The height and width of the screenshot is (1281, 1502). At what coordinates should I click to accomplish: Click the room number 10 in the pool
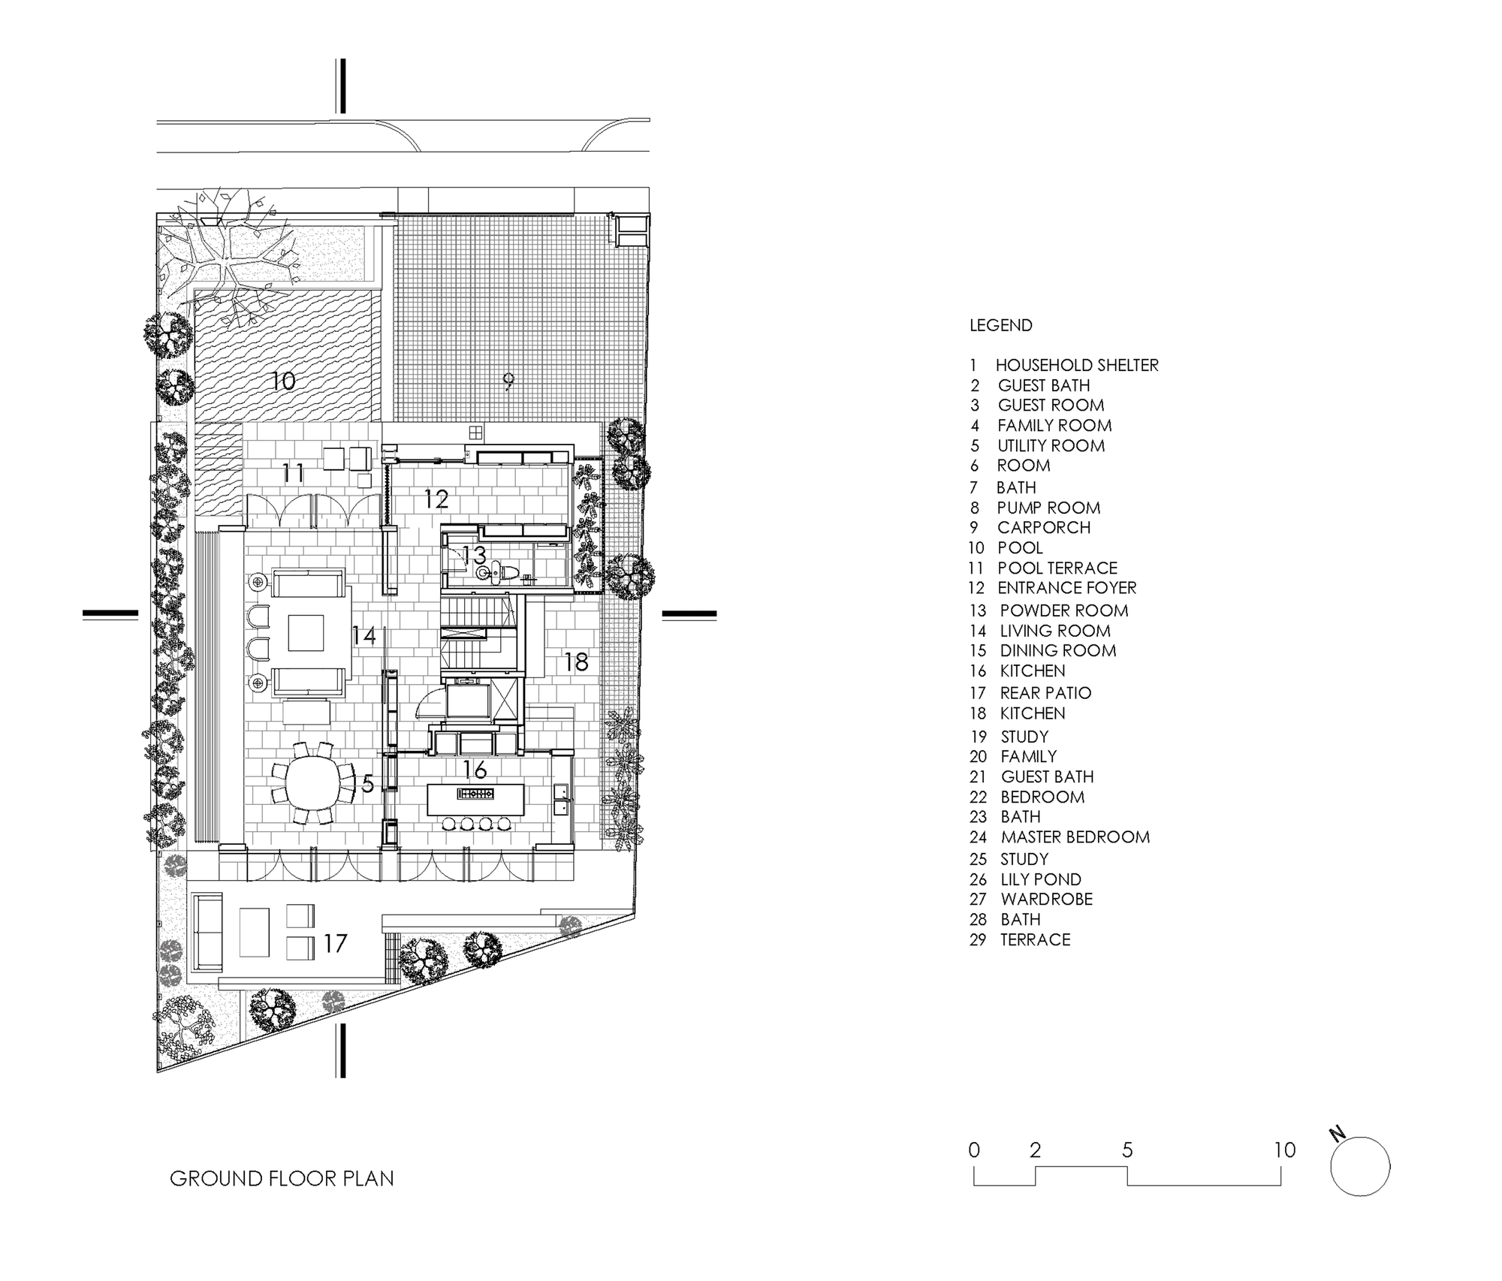coord(283,381)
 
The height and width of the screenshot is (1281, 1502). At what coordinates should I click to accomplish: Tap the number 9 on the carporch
coord(508,382)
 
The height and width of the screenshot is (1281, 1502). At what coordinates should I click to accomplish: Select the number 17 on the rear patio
coord(335,943)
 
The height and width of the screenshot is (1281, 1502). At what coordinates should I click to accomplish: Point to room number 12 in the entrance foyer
coord(436,499)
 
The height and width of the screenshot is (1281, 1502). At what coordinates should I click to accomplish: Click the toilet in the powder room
coord(502,574)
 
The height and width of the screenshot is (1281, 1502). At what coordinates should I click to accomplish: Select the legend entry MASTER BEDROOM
coord(1075,837)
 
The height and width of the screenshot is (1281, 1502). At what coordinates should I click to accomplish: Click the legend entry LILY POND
coord(1041,879)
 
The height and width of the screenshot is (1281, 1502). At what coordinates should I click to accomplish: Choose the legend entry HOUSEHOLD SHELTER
coord(1077,366)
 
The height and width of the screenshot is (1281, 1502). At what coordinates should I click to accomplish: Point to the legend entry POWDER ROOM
coord(1064,610)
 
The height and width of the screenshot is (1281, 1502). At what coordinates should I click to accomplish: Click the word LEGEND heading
coord(1001,326)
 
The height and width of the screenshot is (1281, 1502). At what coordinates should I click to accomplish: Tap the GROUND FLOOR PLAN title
coord(282,1178)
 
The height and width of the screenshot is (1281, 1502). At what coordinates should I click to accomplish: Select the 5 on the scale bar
coord(1127,1150)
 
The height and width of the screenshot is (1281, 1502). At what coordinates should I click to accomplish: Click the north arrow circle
coord(1360,1166)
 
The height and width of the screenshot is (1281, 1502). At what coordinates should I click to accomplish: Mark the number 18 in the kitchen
coord(576,662)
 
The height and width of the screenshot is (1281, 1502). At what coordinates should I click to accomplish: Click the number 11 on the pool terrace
coord(293,473)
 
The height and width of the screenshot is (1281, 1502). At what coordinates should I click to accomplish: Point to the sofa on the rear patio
coord(207,931)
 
